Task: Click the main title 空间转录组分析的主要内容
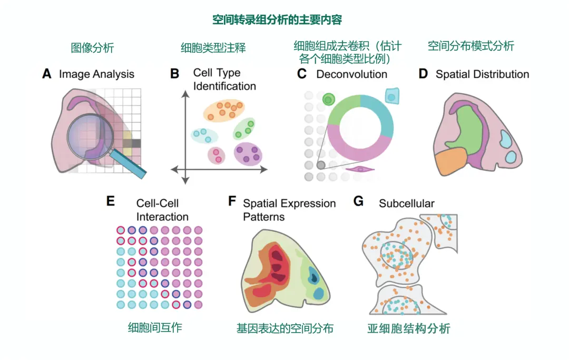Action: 277,20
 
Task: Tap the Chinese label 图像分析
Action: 92,47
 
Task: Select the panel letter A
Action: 47,74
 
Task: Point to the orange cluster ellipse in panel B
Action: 224,110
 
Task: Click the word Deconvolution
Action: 351,74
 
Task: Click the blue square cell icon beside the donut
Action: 393,95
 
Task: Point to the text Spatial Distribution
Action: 482,74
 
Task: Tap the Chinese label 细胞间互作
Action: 155,327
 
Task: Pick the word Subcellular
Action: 407,203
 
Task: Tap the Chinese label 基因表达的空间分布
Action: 285,328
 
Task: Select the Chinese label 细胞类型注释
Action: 213,47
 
